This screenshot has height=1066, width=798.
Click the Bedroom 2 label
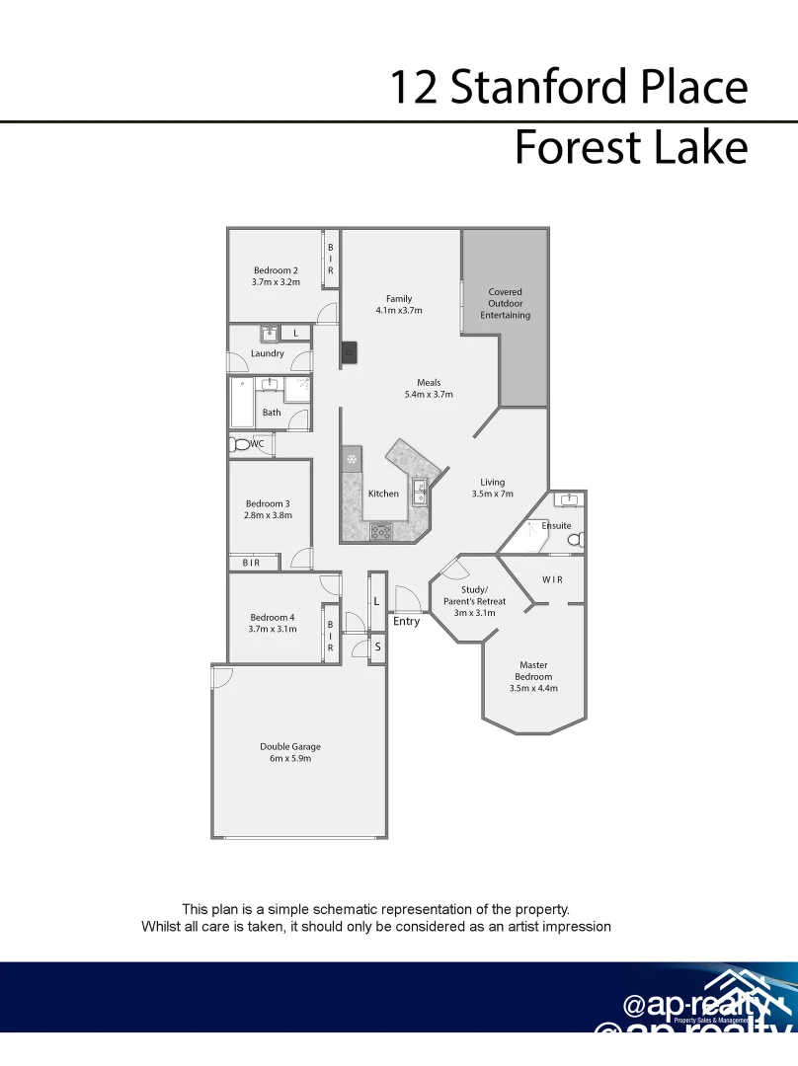pos(275,270)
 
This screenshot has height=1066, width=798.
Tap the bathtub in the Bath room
pos(242,404)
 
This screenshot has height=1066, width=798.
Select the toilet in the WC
pos(240,445)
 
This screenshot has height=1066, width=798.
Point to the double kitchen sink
pos(420,492)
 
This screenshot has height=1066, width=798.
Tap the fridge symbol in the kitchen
pos(352,459)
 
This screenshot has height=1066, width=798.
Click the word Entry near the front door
pos(406,621)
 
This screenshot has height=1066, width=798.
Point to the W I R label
pos(552,579)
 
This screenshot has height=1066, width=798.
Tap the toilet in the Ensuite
pos(575,539)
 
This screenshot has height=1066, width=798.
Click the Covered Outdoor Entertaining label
pos(505,304)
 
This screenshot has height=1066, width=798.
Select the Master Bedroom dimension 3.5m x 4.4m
pos(533,689)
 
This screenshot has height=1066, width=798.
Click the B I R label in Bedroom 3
pos(251,563)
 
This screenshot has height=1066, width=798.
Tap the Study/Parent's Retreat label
pos(474,595)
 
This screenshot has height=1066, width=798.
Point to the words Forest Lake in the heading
pos(630,148)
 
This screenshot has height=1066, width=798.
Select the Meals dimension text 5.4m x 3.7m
pos(428,395)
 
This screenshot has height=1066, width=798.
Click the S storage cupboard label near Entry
pos(377,647)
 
